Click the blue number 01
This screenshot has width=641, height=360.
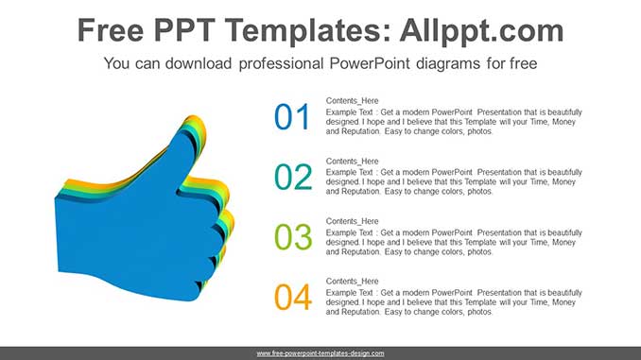[292, 117]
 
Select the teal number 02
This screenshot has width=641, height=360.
[292, 177]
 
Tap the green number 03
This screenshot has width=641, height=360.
[292, 237]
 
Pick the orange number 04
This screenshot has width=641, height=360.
[292, 298]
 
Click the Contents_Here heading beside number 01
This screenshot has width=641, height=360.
[352, 101]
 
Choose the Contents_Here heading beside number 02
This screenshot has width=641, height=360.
[352, 162]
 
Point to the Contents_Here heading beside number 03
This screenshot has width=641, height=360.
[352, 222]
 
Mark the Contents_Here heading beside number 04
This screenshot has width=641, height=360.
[352, 282]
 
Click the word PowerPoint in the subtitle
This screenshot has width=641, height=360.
[369, 64]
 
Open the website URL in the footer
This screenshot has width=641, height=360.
[320, 353]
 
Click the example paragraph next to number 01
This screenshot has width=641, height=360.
[454, 123]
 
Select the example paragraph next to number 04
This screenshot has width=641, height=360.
[454, 302]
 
